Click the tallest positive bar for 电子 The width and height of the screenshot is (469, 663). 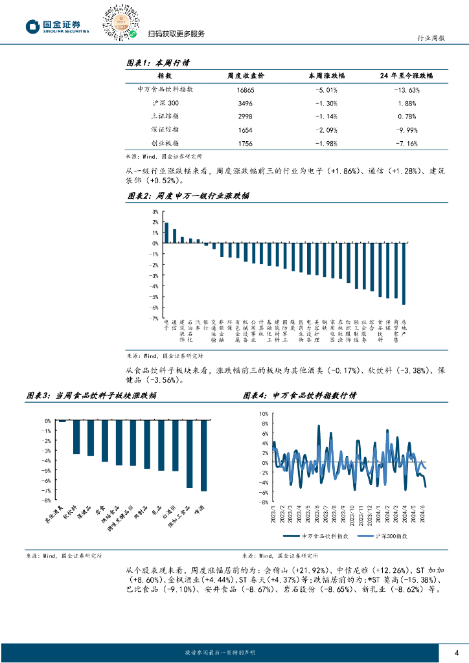[166, 232]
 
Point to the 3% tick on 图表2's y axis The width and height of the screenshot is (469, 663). [155, 212]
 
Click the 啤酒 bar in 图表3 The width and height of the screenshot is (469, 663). [204, 456]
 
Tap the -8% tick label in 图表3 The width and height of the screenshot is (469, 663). [47, 500]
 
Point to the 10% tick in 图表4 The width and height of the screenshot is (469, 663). [264, 413]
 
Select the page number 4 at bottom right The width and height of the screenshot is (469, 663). [457, 652]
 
